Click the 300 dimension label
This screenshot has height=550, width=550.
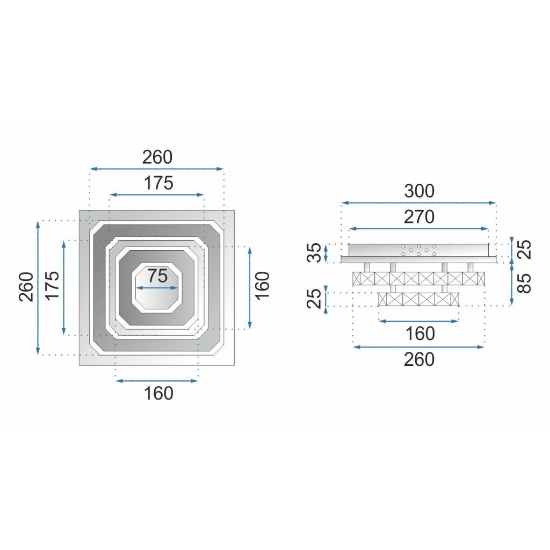[x=419, y=191]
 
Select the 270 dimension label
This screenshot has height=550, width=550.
[x=419, y=217]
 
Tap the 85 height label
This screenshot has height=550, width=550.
[x=526, y=283]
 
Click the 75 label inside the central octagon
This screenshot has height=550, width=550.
[x=158, y=276]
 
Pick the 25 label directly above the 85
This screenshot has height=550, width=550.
[x=526, y=249]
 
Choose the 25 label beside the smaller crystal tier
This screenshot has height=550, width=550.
[x=317, y=299]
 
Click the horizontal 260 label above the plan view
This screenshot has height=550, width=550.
[x=157, y=157]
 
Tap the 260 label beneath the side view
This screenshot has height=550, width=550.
[x=419, y=359]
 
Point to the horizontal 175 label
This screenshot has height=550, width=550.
[x=158, y=183]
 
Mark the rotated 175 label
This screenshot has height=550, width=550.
[x=53, y=287]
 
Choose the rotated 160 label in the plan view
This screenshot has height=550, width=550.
[x=262, y=287]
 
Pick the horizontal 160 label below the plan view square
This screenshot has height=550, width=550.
[x=158, y=393]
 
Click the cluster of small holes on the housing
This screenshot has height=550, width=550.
[x=418, y=250]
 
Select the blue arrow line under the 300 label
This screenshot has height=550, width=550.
[x=419, y=203]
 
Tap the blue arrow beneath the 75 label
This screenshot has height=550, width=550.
[x=158, y=288]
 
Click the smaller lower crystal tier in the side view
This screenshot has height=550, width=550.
[x=419, y=299]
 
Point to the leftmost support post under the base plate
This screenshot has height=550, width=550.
[x=367, y=267]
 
